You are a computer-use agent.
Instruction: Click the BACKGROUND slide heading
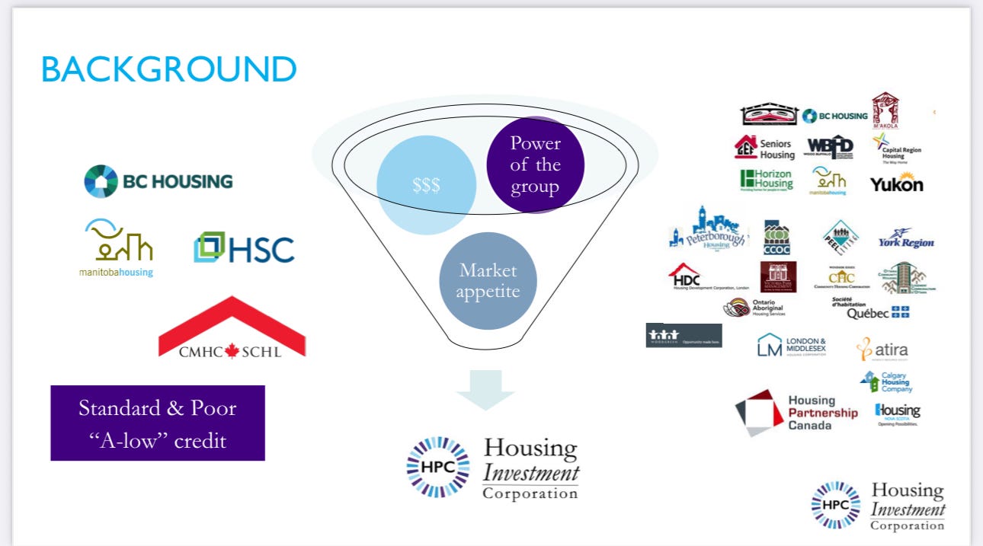(x=168, y=69)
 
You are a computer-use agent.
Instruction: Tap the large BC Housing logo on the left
(x=158, y=181)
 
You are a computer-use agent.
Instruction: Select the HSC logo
(x=244, y=248)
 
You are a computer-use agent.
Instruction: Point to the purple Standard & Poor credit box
(x=158, y=423)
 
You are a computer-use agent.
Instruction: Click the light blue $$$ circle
(x=426, y=185)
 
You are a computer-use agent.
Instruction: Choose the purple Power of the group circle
(x=535, y=164)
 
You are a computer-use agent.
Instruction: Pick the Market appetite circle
(x=488, y=281)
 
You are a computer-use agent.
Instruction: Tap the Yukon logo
(x=896, y=184)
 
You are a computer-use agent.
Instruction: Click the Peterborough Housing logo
(x=708, y=229)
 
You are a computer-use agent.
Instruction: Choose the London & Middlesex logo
(x=791, y=346)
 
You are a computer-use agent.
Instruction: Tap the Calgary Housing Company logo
(x=885, y=381)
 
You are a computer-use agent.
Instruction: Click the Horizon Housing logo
(x=766, y=179)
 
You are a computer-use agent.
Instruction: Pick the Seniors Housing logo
(x=764, y=148)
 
